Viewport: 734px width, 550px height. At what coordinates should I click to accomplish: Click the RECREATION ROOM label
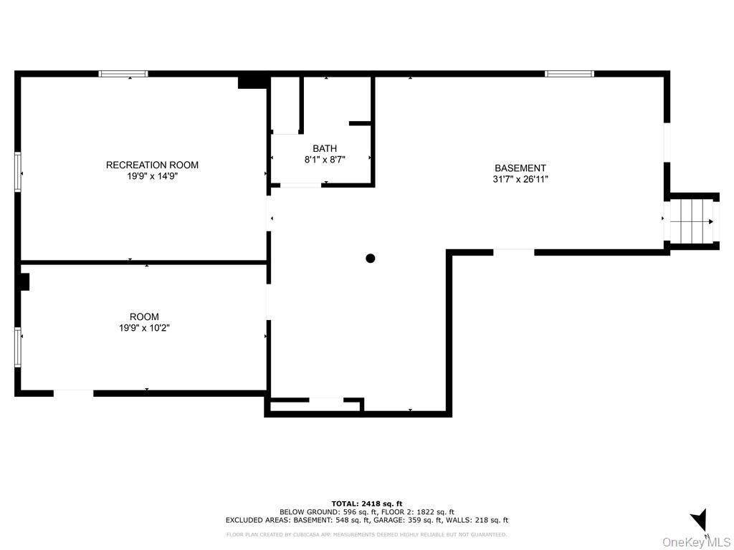tap(152, 165)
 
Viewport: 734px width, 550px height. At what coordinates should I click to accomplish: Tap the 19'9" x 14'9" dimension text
tap(152, 175)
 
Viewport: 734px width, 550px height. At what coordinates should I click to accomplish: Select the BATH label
tap(325, 149)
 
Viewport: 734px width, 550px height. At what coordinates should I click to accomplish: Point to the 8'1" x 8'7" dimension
tap(325, 160)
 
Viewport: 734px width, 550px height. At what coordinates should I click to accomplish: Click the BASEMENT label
tap(520, 168)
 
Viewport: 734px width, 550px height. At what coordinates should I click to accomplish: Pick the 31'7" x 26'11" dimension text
tap(520, 180)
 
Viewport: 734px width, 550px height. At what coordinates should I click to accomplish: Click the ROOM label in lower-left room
tap(144, 317)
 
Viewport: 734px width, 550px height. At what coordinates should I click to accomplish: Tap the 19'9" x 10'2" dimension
tap(144, 328)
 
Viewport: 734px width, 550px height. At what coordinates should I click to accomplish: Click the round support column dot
tap(371, 259)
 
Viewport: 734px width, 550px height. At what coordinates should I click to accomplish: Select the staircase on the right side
tap(691, 221)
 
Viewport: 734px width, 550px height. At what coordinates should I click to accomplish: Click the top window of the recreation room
tap(123, 73)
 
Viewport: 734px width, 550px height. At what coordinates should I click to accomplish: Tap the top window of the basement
tap(569, 73)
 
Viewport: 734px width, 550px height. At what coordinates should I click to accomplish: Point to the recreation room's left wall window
tap(18, 172)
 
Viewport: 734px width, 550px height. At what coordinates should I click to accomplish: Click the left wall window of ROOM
tap(18, 347)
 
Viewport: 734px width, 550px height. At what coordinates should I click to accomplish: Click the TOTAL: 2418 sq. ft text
tap(366, 503)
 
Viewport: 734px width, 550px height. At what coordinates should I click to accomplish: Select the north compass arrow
tap(700, 520)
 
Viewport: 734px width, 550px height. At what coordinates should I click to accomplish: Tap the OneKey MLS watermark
tap(696, 541)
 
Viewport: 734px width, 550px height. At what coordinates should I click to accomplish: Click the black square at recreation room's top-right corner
tap(252, 82)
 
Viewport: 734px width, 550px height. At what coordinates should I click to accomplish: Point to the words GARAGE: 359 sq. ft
tap(404, 521)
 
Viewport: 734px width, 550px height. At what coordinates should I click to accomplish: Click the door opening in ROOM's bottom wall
tap(73, 392)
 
